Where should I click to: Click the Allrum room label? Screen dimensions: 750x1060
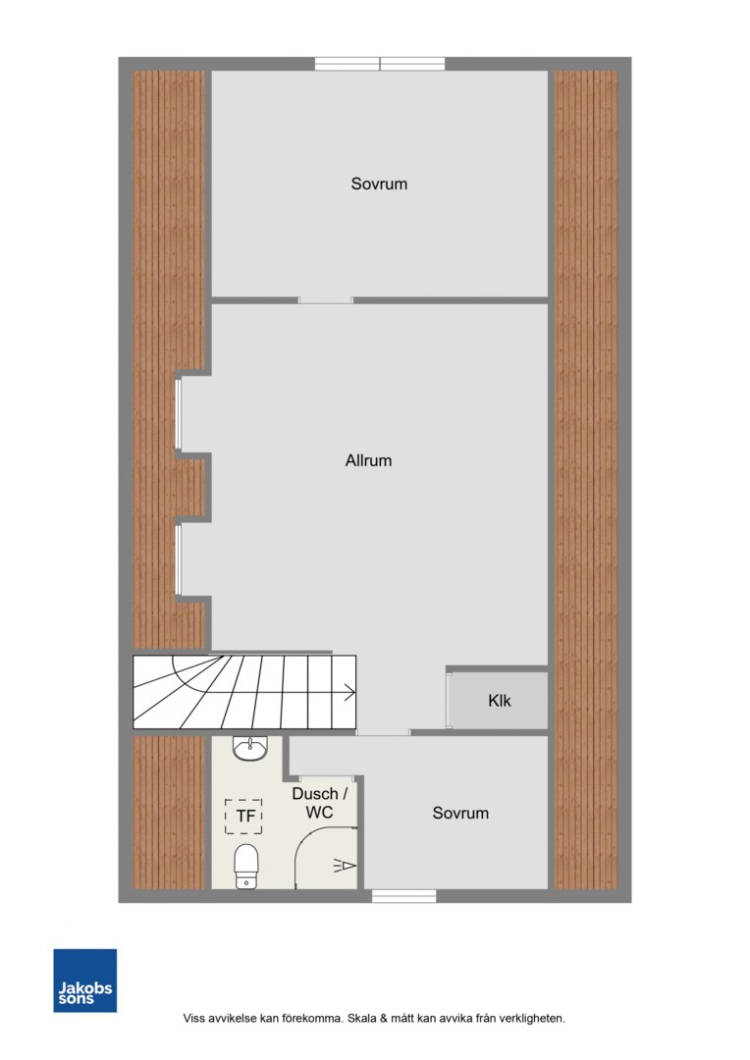pyautogui.click(x=368, y=460)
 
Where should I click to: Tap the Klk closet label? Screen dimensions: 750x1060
pyautogui.click(x=499, y=701)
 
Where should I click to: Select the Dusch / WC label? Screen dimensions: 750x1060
pyautogui.click(x=319, y=803)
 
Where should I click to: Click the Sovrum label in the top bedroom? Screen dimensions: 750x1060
pyautogui.click(x=379, y=184)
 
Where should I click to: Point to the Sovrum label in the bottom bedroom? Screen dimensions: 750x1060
pyautogui.click(x=459, y=813)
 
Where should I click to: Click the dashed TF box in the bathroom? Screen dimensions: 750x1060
pyautogui.click(x=243, y=816)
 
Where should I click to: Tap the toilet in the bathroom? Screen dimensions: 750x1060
pyautogui.click(x=246, y=866)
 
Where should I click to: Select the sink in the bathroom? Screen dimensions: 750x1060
pyautogui.click(x=250, y=748)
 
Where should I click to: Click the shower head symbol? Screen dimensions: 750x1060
pyautogui.click(x=345, y=866)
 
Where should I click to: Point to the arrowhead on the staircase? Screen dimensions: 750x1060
pyautogui.click(x=350, y=692)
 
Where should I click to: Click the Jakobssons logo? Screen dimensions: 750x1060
pyautogui.click(x=85, y=980)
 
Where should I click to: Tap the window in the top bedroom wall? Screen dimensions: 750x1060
pyautogui.click(x=380, y=64)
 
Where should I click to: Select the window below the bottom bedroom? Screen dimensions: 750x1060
pyautogui.click(x=403, y=896)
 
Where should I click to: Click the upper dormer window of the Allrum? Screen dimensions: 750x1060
pyautogui.click(x=178, y=414)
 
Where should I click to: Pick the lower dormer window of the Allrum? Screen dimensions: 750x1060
pyautogui.click(x=178, y=559)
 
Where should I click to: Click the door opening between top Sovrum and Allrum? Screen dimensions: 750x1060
pyautogui.click(x=326, y=300)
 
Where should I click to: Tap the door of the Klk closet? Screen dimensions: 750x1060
pyautogui.click(x=449, y=701)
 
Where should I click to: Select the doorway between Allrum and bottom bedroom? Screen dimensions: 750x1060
pyautogui.click(x=383, y=733)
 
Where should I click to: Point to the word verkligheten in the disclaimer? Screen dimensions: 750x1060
pyautogui.click(x=531, y=1018)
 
